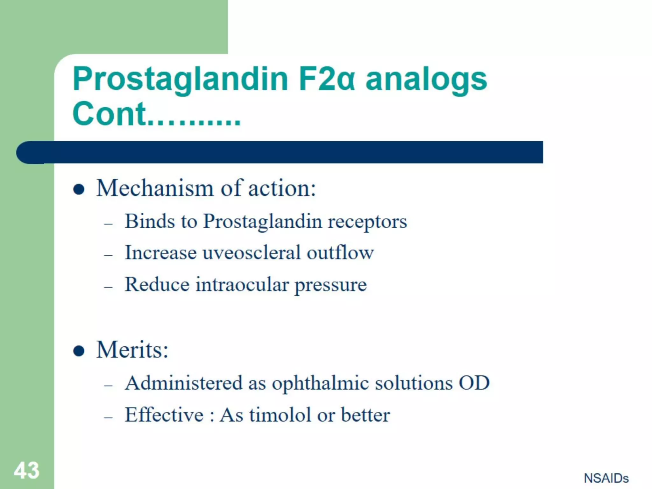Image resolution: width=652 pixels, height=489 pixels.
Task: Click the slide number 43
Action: point(27,470)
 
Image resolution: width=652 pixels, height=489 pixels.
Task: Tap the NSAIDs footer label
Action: point(606,478)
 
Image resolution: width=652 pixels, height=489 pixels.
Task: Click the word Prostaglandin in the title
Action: point(180,79)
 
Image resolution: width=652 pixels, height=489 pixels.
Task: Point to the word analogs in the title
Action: point(426,79)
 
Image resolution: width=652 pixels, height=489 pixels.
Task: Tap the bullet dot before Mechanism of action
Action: point(79,189)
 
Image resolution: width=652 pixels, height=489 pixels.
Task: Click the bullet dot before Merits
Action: point(79,351)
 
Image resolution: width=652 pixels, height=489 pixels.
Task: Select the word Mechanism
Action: point(155,188)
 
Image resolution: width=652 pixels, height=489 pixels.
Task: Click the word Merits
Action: point(132,350)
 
